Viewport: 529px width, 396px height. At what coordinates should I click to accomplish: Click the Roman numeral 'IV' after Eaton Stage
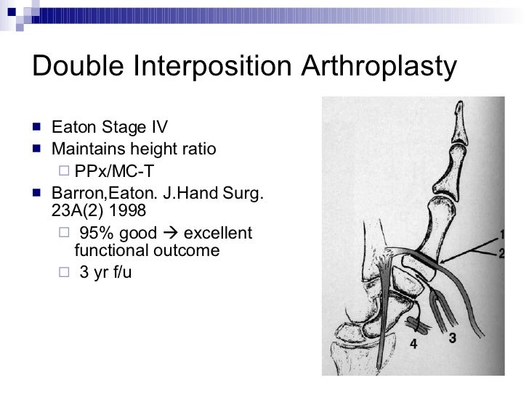(x=158, y=129)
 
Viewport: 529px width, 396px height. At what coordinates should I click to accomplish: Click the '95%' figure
(x=97, y=233)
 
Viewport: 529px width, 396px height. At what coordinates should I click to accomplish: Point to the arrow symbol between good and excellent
(x=172, y=233)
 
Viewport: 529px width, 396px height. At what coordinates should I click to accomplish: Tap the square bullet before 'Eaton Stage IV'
(x=39, y=130)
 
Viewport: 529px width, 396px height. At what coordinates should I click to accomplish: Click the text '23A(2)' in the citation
(x=77, y=210)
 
